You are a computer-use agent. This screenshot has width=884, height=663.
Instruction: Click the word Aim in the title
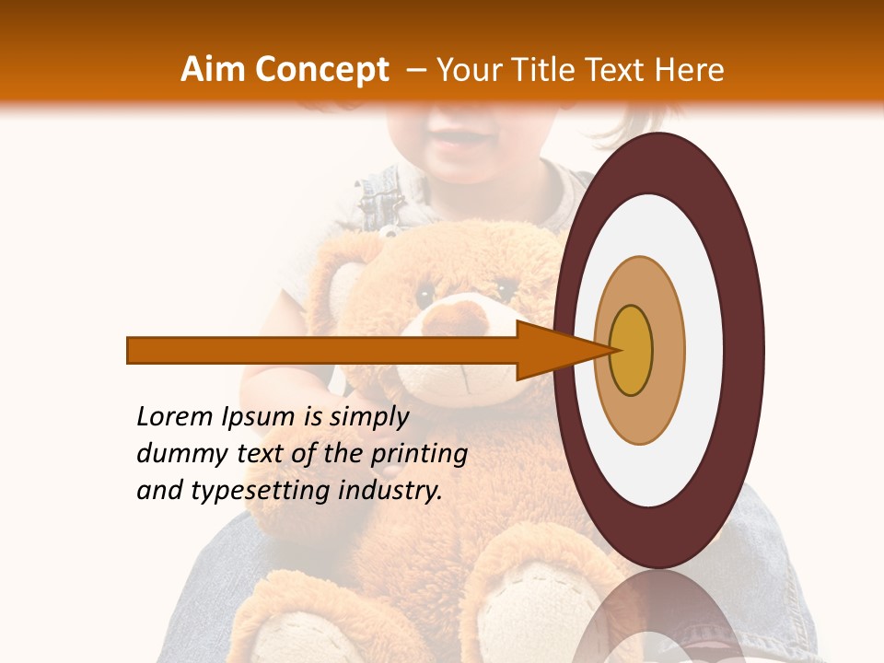(x=213, y=70)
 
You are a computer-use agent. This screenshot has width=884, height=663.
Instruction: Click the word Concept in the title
(x=320, y=70)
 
